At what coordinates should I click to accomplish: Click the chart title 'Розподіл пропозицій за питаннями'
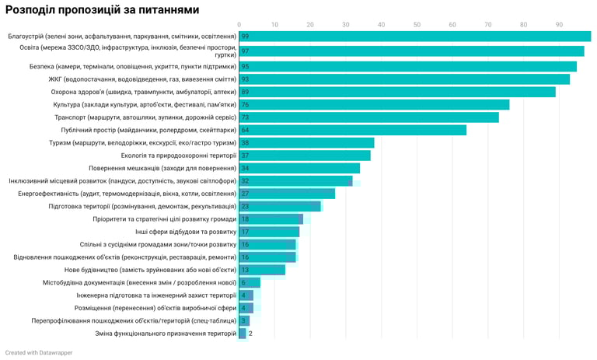coord(102,10)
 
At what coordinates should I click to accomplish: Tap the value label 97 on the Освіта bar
coord(245,51)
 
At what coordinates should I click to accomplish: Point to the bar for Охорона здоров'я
coord(397,92)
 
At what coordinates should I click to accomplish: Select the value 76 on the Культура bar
coord(245,105)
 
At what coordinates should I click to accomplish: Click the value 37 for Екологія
coord(245,156)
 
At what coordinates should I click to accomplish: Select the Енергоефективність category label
coord(127,194)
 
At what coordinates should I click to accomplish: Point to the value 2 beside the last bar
coord(250,334)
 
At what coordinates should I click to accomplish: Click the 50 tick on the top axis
coord(417,24)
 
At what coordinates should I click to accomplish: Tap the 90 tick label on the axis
coord(559,24)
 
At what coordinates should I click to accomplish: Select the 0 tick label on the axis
coord(239,24)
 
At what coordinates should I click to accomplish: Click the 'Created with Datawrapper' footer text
coord(39,352)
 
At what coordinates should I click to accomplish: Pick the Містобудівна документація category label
coord(139,282)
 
